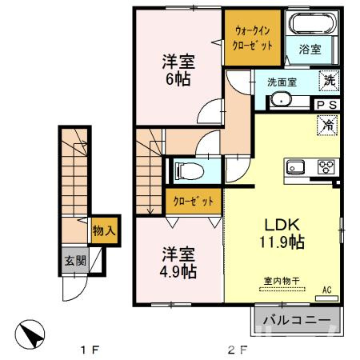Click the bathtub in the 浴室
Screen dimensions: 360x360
tap(312, 23)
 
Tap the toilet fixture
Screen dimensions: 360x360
tap(189, 170)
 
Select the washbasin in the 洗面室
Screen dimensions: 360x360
tap(281, 99)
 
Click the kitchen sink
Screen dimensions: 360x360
tap(295, 167)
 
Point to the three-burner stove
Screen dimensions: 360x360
tap(326, 167)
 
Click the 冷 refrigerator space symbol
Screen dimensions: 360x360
tap(327, 125)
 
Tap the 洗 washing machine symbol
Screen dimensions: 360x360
tap(330, 81)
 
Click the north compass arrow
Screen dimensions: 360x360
tap(30, 334)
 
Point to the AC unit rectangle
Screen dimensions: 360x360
tap(326, 298)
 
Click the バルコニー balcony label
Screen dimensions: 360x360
tap(297, 320)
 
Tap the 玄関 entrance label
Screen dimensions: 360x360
tap(76, 260)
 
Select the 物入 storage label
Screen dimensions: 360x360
tap(104, 230)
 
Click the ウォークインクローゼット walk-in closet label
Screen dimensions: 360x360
tap(253, 38)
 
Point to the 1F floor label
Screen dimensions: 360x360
tap(90, 349)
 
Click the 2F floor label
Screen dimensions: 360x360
tap(237, 349)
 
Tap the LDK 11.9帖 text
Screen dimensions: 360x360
tap(282, 234)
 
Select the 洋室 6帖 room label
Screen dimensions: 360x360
tap(178, 70)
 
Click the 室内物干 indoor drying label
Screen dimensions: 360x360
tap(282, 281)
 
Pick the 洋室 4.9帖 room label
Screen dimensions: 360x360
tap(178, 263)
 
